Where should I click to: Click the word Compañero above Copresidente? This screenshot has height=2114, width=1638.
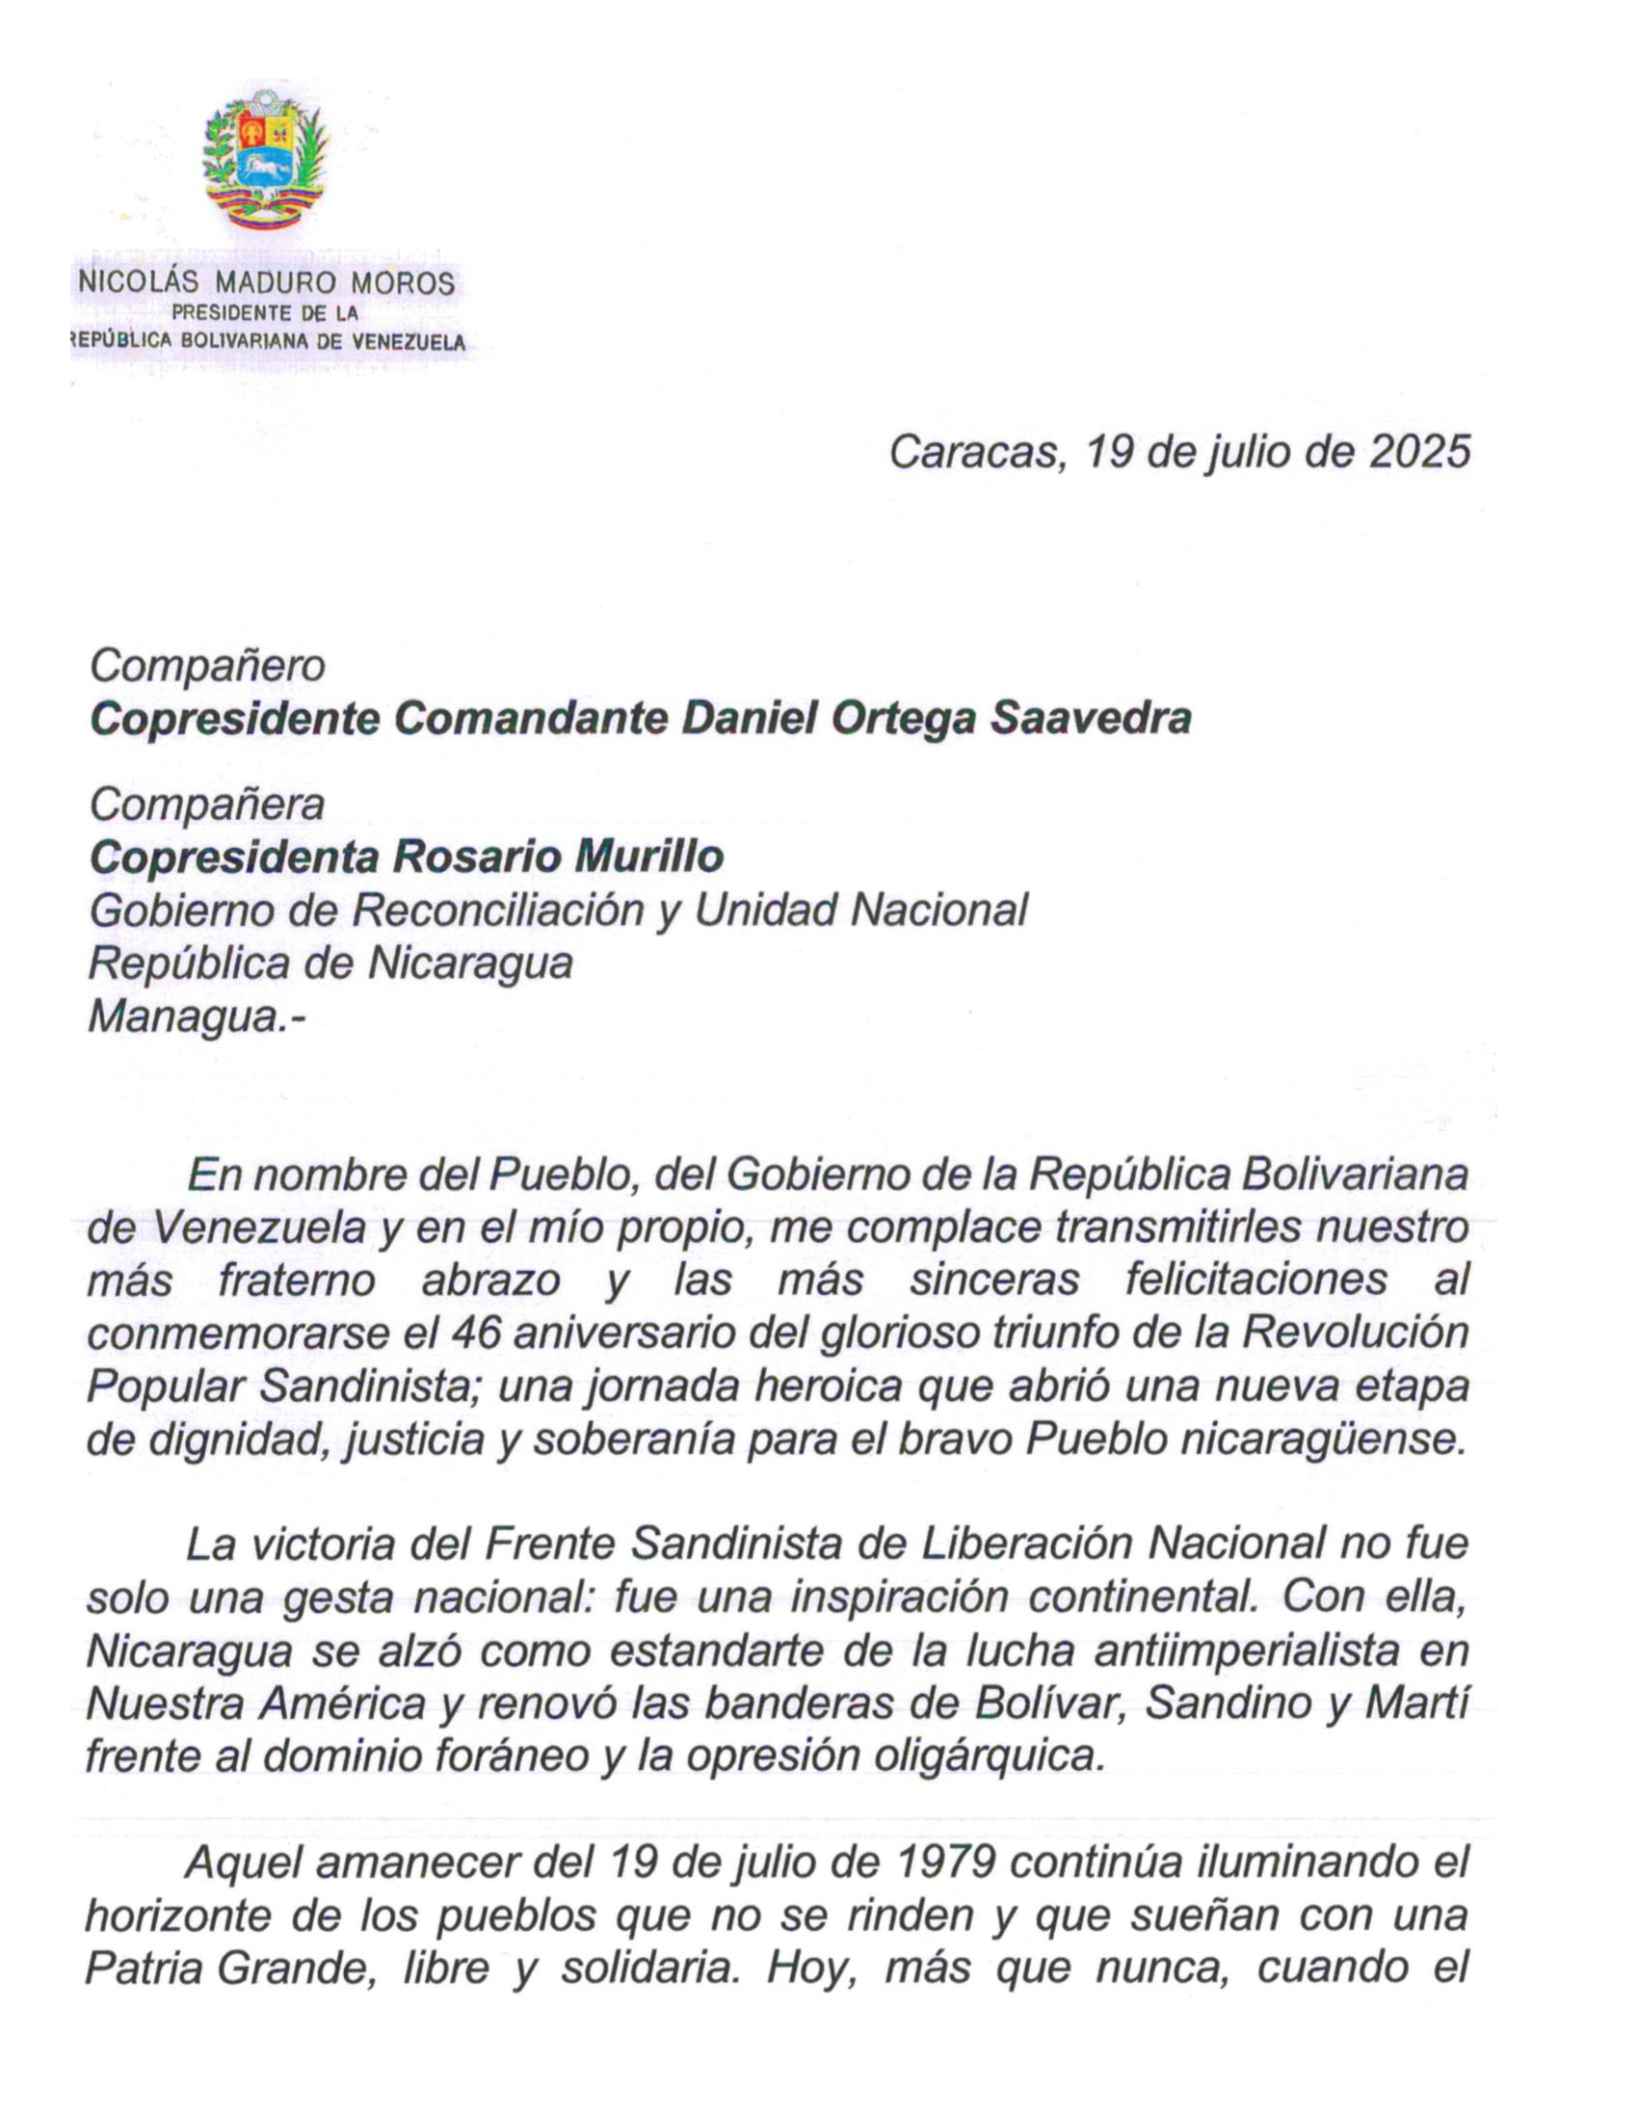207,666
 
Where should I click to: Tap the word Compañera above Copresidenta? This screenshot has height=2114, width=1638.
207,805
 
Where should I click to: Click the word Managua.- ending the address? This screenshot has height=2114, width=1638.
195,1016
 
